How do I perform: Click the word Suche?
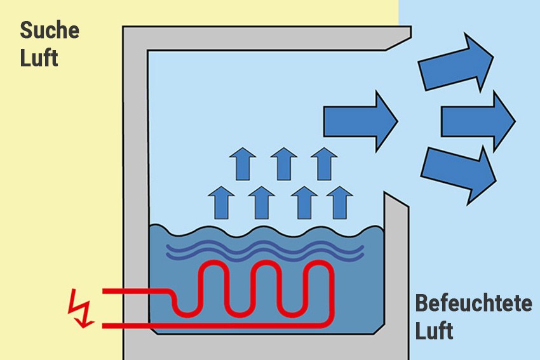(50, 30)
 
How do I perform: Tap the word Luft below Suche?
(39, 58)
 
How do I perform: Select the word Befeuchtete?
(473, 303)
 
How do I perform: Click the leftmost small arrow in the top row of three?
(242, 163)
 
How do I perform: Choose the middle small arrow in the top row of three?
(283, 163)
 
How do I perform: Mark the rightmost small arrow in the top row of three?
(325, 163)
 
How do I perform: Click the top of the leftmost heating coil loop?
(212, 265)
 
